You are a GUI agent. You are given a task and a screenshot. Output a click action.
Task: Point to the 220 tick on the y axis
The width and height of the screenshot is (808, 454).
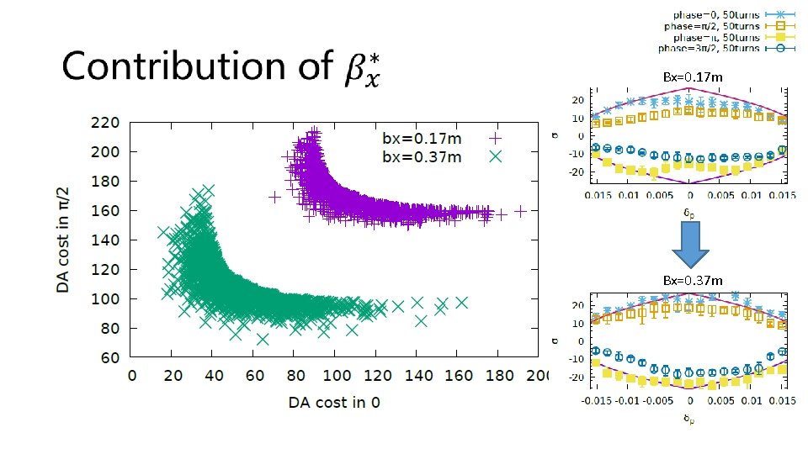pyautogui.click(x=105, y=123)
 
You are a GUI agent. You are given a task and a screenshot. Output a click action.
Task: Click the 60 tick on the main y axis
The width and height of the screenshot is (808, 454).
pyautogui.click(x=109, y=358)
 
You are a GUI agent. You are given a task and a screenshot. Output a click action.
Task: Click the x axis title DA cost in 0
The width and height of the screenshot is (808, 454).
pyautogui.click(x=334, y=402)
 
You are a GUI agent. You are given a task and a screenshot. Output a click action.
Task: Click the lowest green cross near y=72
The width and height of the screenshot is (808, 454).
pyautogui.click(x=263, y=340)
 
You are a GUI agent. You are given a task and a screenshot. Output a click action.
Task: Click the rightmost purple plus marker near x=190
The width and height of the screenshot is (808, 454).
pyautogui.click(x=520, y=211)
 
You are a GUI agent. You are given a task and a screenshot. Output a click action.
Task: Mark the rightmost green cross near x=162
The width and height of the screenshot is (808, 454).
pyautogui.click(x=461, y=302)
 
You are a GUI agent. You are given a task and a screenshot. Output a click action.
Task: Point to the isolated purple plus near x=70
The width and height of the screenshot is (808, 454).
pyautogui.click(x=274, y=198)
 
